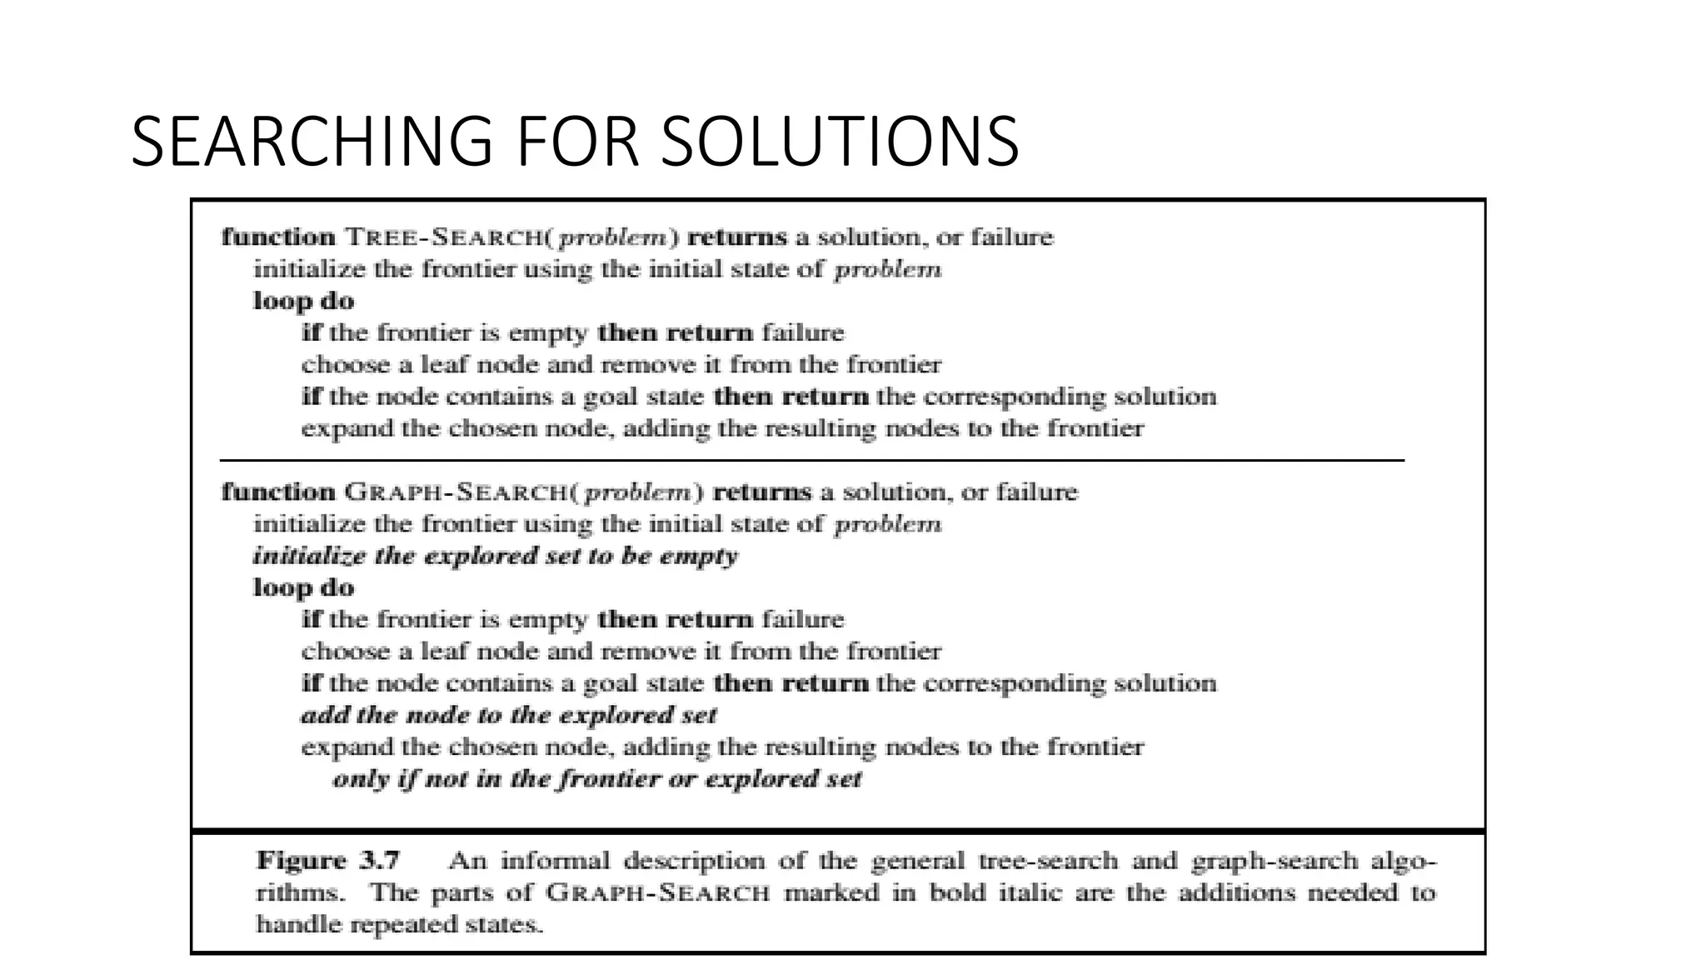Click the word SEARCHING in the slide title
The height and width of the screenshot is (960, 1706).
312,142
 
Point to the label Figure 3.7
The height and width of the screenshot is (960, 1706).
328,860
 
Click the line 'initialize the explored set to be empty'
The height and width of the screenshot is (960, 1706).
495,556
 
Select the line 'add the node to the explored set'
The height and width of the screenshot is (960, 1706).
508,715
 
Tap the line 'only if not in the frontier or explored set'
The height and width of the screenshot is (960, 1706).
596,779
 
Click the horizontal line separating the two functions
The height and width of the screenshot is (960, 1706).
811,460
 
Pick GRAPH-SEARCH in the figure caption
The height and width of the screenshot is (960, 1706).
657,893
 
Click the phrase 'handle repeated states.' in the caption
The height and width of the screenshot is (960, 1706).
400,924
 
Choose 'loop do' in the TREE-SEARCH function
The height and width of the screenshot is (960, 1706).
303,301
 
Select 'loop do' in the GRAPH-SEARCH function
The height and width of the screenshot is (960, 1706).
303,587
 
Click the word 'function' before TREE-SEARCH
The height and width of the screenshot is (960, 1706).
278,237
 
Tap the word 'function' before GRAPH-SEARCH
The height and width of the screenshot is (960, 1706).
278,492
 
